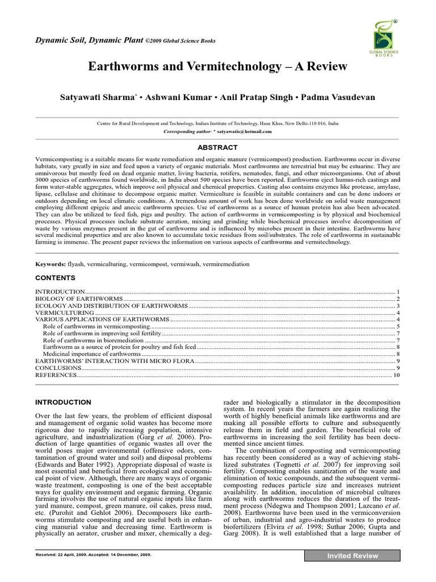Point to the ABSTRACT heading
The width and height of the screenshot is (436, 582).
(217, 147)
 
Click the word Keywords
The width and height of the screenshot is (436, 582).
(50, 264)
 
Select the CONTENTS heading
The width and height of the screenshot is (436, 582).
(55, 278)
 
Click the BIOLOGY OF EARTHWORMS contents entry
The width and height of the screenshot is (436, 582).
(79, 298)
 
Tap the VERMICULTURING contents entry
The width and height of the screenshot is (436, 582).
(65, 313)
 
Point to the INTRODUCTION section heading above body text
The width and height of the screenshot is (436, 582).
(63, 402)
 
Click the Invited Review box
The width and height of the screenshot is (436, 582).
(353, 556)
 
